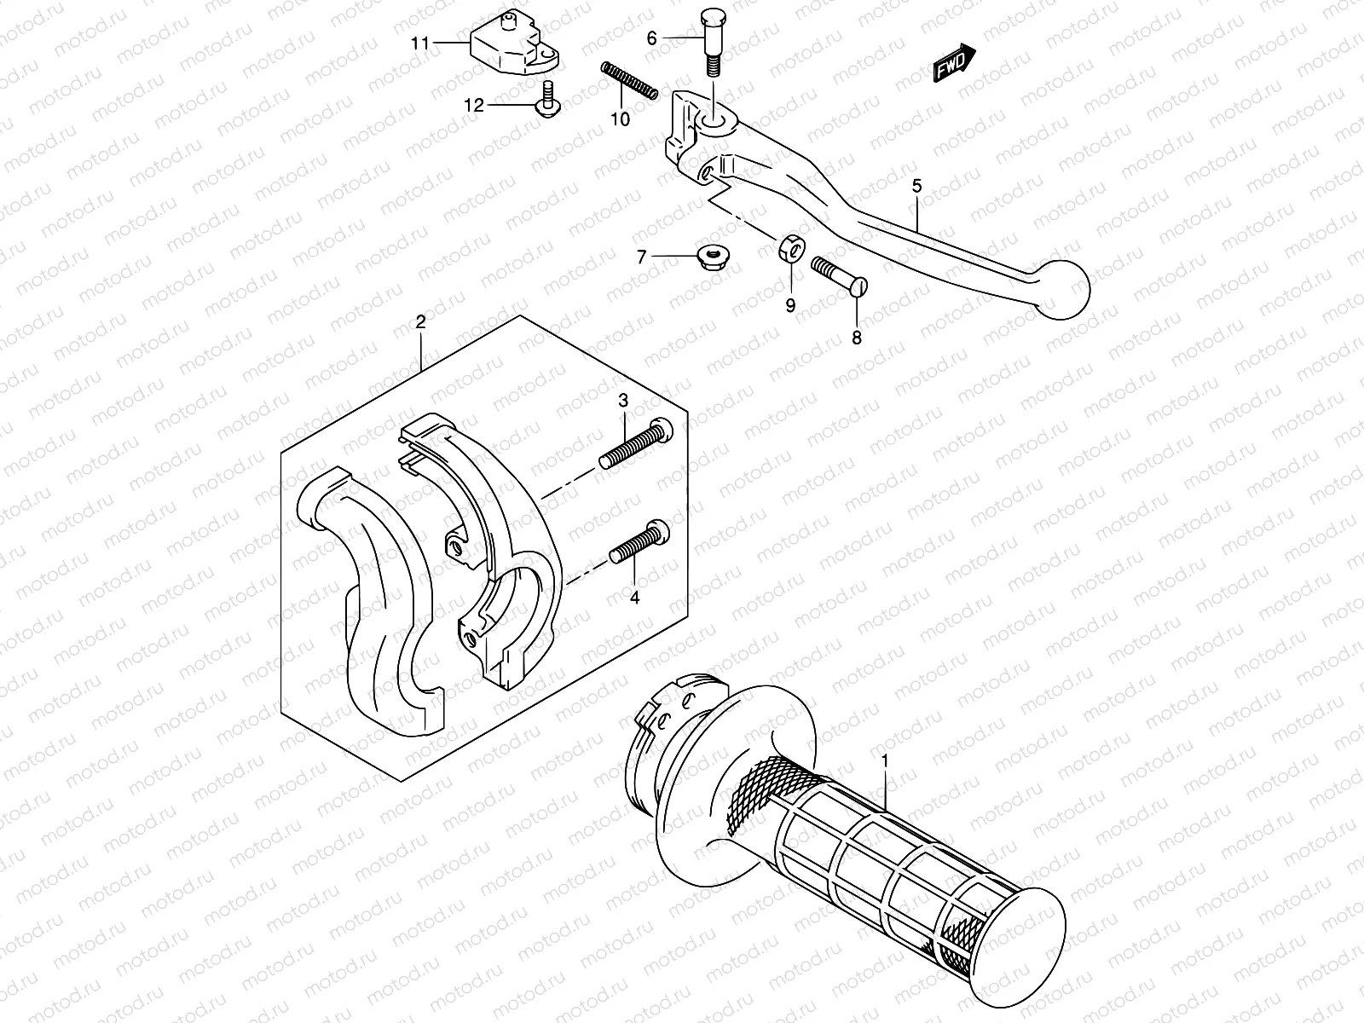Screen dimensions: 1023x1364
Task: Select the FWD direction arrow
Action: pyautogui.click(x=953, y=64)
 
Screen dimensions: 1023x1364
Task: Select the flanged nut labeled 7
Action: pyautogui.click(x=708, y=255)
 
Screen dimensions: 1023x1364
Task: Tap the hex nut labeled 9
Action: pyautogui.click(x=792, y=251)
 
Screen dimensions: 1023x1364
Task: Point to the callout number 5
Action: pyautogui.click(x=916, y=185)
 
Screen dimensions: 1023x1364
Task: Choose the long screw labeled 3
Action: pyautogui.click(x=636, y=445)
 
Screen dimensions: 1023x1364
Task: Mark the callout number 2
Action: pyautogui.click(x=420, y=321)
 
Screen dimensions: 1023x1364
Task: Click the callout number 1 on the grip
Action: pyautogui.click(x=886, y=759)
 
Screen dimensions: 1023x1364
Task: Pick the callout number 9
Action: pyautogui.click(x=790, y=305)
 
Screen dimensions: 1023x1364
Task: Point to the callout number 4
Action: pyautogui.click(x=634, y=598)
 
